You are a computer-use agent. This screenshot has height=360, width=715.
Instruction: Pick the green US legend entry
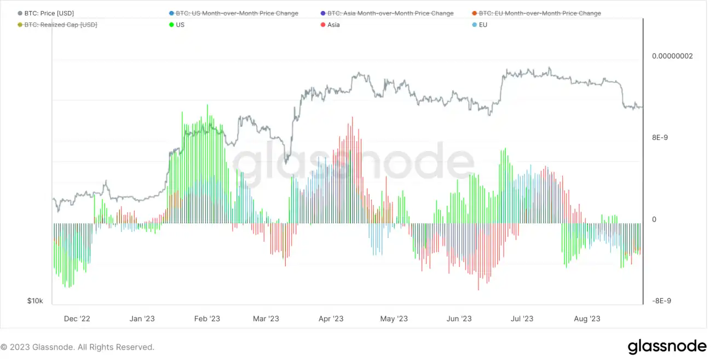pyautogui.click(x=180, y=25)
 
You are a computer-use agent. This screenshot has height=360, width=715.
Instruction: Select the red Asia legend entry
pyautogui.click(x=333, y=25)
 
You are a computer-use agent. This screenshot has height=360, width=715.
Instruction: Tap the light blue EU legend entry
pyautogui.click(x=482, y=25)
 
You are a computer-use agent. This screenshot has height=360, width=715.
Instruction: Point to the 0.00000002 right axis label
pyautogui.click(x=672, y=56)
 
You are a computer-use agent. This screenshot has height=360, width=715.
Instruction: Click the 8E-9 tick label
pyautogui.click(x=660, y=138)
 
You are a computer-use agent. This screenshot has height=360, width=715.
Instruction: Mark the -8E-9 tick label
pyautogui.click(x=661, y=301)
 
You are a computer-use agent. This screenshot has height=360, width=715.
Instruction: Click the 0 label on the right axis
pyautogui.click(x=654, y=219)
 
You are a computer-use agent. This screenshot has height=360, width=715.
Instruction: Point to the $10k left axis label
pyautogui.click(x=35, y=301)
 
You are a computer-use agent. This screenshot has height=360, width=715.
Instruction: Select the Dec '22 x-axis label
pyautogui.click(x=77, y=319)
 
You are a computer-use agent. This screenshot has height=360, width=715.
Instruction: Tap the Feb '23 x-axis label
pyautogui.click(x=207, y=319)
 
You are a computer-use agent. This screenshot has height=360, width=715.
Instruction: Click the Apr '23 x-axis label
pyautogui.click(x=331, y=319)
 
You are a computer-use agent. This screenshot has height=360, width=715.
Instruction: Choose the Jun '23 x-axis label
pyautogui.click(x=459, y=319)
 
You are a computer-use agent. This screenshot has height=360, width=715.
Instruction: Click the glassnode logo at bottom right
pyautogui.click(x=667, y=346)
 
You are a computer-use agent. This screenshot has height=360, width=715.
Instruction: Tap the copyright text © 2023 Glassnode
pyautogui.click(x=77, y=347)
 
